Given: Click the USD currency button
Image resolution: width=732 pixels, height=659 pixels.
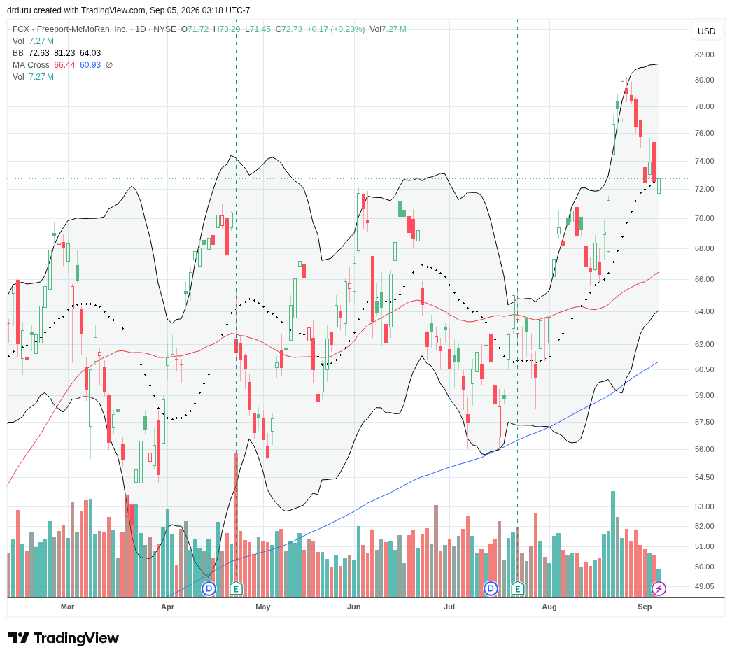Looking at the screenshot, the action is (x=706, y=31).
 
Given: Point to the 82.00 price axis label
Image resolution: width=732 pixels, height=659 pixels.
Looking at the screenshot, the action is (x=704, y=55).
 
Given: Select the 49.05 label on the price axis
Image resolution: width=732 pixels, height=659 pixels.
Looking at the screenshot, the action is (x=704, y=587).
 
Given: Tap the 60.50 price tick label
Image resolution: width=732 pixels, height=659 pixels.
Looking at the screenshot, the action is (x=704, y=369).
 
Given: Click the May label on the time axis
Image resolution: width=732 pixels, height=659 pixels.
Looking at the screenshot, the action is (x=263, y=607).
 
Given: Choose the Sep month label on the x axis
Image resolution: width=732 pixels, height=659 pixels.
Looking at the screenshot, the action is (x=645, y=607).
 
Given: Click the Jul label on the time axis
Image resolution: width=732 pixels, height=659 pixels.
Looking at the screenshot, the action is (x=449, y=607).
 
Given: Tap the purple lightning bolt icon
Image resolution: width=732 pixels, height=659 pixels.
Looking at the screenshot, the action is (x=659, y=588).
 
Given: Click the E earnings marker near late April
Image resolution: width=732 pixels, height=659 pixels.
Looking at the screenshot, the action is (x=237, y=588).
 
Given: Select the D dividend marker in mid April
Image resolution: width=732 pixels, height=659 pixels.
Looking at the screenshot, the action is (x=209, y=588).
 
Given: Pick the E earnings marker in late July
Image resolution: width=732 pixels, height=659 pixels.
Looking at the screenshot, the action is (x=517, y=588).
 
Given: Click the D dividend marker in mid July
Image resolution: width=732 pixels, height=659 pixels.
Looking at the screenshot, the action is (x=491, y=588).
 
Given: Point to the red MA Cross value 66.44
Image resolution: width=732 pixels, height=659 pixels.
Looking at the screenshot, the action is (x=64, y=65).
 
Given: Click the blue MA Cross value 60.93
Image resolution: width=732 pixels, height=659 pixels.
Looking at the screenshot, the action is (x=90, y=65).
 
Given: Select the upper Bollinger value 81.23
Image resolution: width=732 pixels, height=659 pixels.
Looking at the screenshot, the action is (x=65, y=53).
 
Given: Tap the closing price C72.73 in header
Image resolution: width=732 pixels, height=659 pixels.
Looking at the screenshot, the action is (x=288, y=29).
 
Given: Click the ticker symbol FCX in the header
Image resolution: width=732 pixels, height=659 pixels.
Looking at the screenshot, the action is (x=20, y=29).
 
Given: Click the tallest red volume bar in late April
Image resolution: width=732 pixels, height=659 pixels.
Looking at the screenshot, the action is (x=237, y=525).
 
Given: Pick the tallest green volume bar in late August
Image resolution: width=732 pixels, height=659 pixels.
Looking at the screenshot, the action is (x=613, y=544).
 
